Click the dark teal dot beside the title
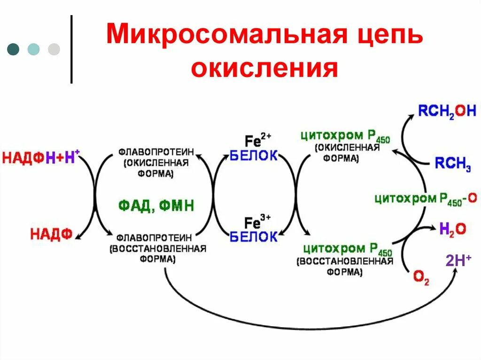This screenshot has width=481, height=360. point(13,49)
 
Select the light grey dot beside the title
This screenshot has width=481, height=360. point(54,49)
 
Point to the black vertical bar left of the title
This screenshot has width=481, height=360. point(71,49)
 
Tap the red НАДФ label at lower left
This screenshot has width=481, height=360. point(51,234)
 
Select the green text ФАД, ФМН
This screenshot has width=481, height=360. point(156,206)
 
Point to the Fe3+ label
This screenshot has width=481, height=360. point(258,221)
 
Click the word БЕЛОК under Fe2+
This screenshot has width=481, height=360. point(254,155)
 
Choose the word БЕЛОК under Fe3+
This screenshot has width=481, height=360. point(254,237)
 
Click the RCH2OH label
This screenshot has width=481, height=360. point(447,111)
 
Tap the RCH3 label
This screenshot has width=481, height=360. point(452,163)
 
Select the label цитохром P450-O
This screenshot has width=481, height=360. point(425,199)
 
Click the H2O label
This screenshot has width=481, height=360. point(452,229)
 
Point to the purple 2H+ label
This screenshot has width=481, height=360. point(458,261)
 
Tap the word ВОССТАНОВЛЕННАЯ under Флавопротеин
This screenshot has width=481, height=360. point(158,248)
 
